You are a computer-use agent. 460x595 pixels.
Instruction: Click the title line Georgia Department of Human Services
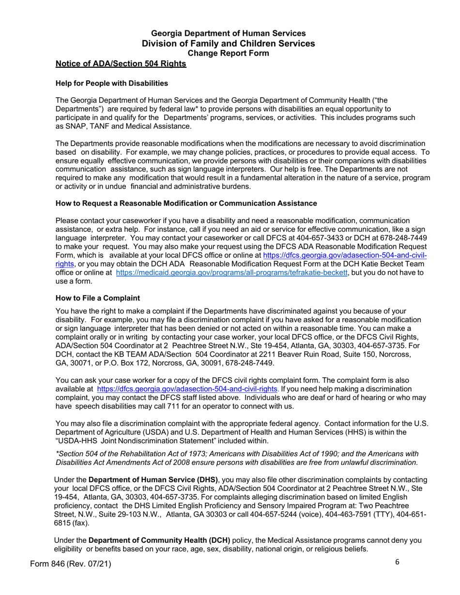pyautogui.click(x=228, y=33)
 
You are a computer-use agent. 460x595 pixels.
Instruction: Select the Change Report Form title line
pyautogui.click(x=228, y=53)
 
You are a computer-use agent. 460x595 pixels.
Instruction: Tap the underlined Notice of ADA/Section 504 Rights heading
pyautogui.click(x=121, y=64)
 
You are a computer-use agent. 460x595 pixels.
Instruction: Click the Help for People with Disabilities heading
pyautogui.click(x=112, y=83)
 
